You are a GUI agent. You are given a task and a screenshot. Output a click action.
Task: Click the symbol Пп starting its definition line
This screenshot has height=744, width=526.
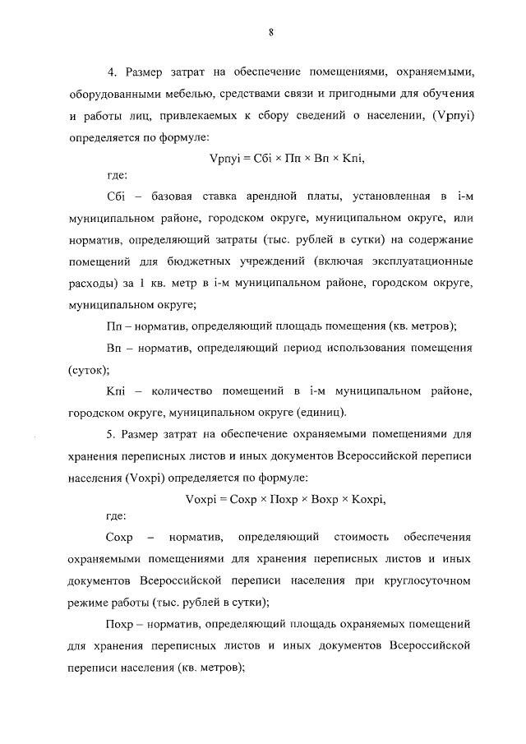click(114, 326)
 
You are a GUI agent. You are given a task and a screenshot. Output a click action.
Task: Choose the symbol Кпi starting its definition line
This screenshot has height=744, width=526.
click(116, 390)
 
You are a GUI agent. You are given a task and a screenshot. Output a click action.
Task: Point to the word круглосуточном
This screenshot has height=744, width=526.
click(430, 580)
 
